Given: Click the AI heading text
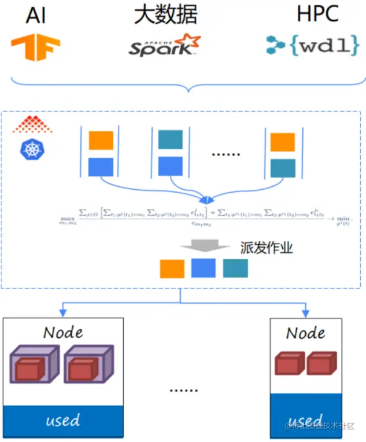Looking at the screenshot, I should [36, 16].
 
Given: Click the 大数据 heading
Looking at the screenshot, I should [165, 14].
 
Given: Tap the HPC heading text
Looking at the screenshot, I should [317, 14].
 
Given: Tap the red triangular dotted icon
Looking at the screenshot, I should [32, 124].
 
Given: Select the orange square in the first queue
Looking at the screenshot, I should [101, 141].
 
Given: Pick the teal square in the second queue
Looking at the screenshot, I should [171, 139].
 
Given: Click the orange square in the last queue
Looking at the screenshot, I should [283, 142].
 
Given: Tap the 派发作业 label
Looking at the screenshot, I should [267, 248].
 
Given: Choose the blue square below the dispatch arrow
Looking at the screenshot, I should [204, 268].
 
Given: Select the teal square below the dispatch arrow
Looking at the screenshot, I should [235, 268].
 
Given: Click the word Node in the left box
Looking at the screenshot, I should [63, 332].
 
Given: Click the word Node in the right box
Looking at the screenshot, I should [305, 333].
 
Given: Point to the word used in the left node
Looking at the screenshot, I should [62, 420].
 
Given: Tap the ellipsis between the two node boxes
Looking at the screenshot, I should [183, 390].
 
